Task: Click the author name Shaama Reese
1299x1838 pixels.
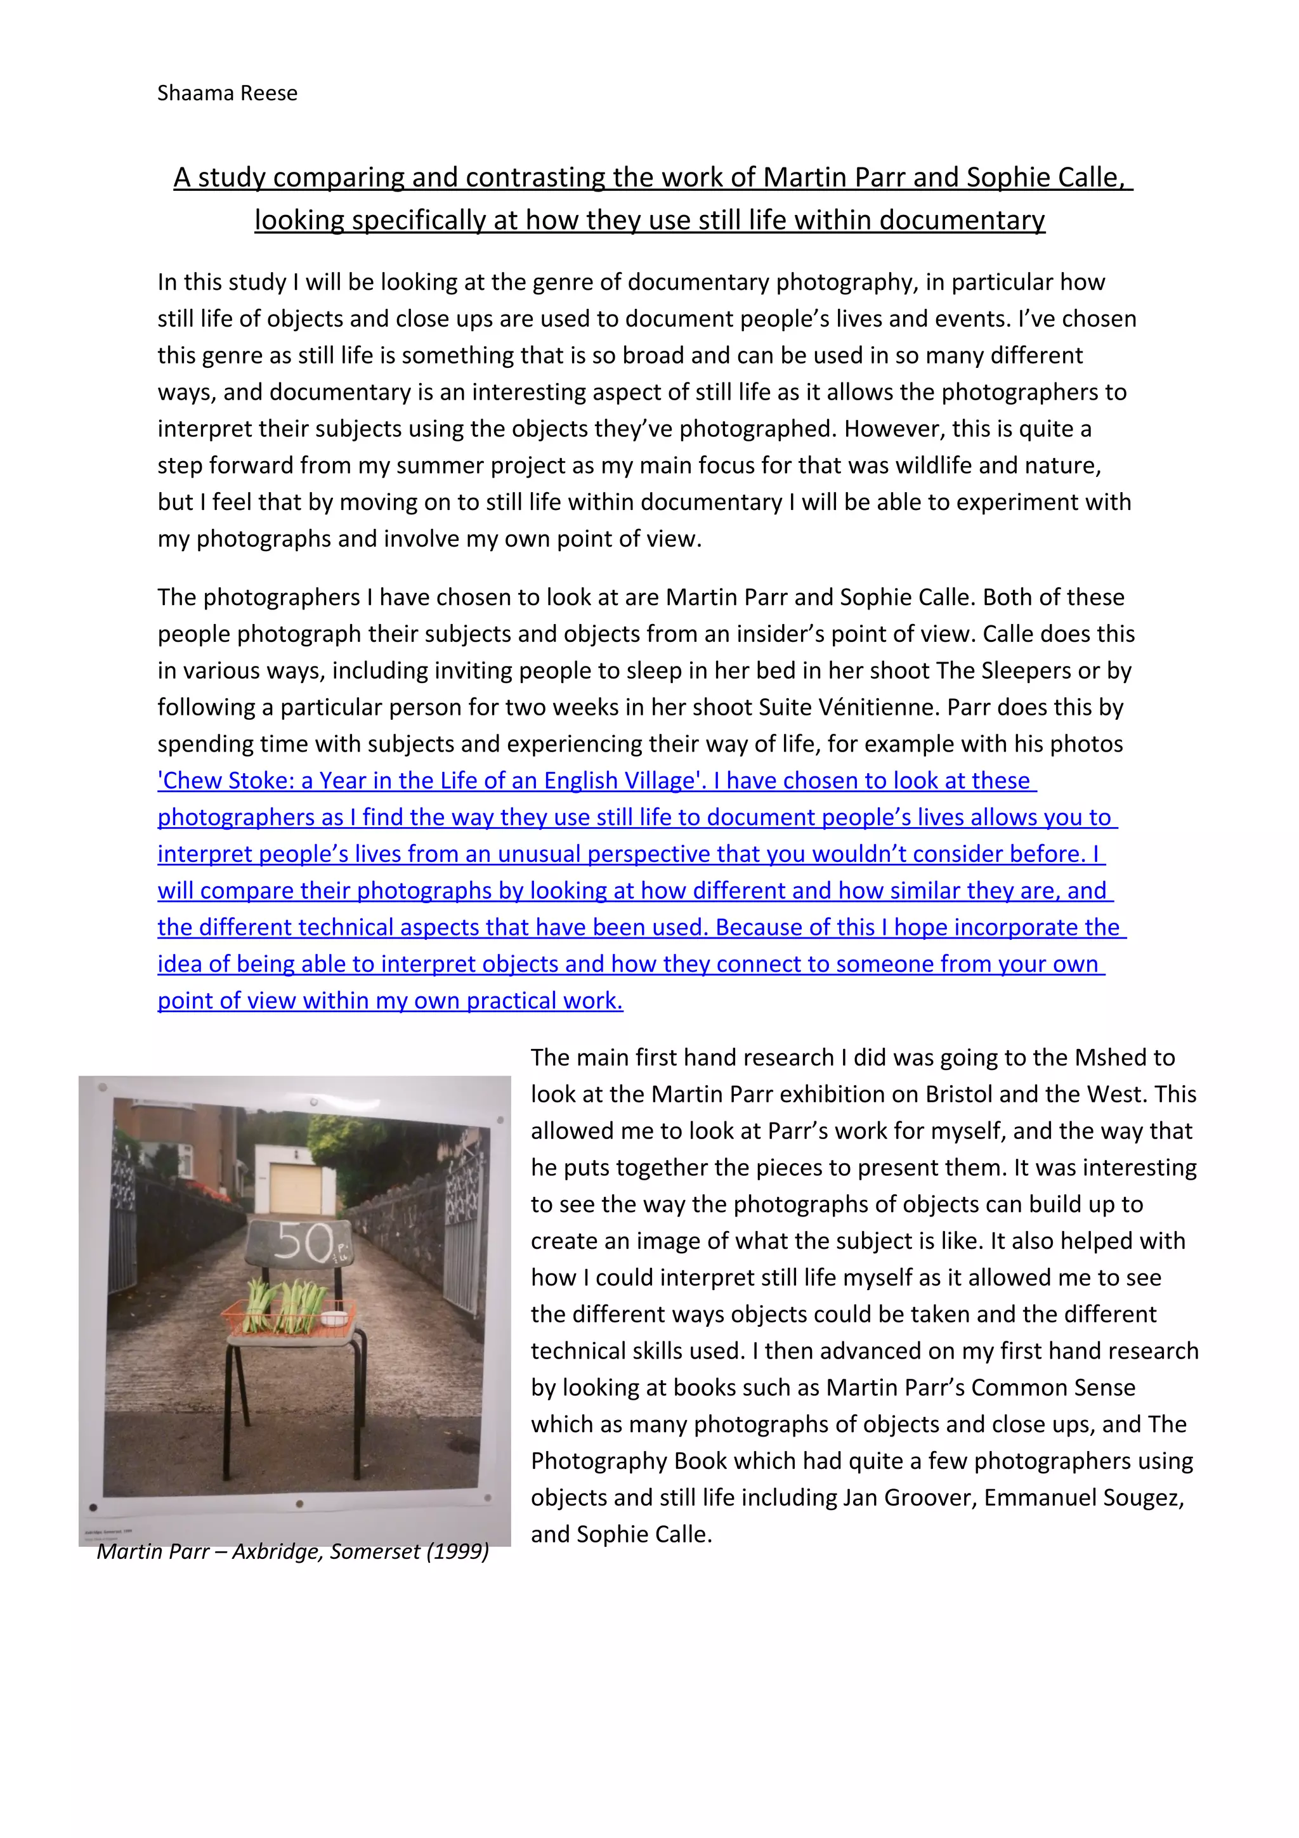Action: tap(227, 94)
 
